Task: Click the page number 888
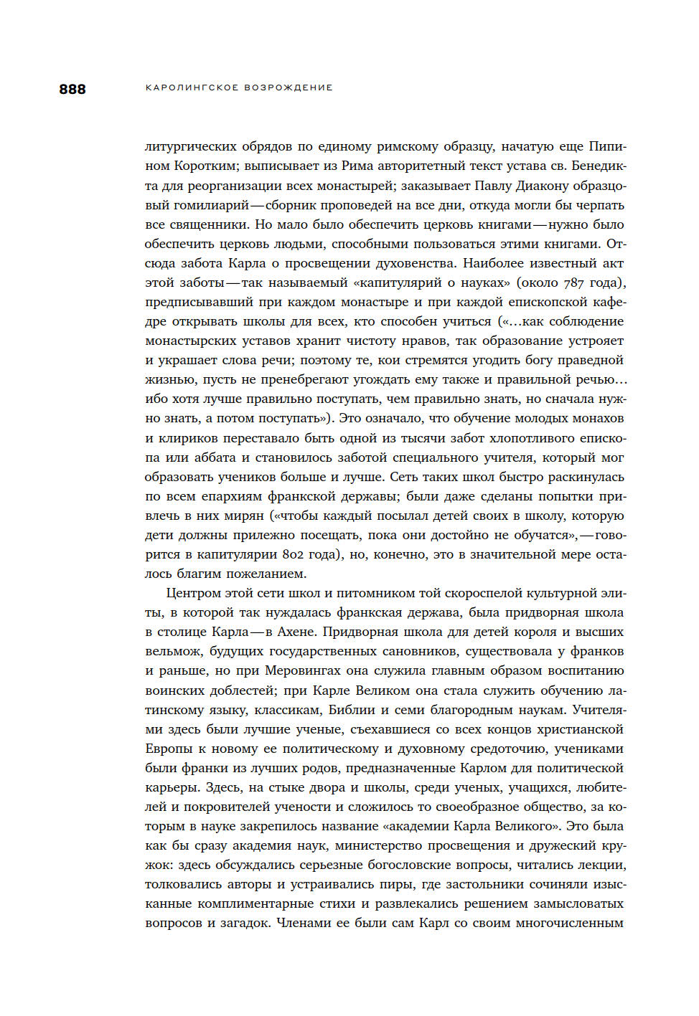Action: [72, 89]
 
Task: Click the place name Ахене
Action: [295, 632]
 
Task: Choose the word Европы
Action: [169, 749]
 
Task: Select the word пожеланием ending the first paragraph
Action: [266, 574]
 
